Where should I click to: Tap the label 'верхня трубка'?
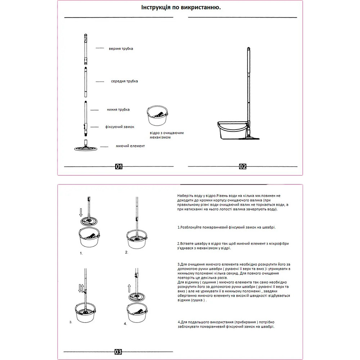click(x=121, y=49)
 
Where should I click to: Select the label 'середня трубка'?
click(x=124, y=81)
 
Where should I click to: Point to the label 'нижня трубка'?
click(x=118, y=109)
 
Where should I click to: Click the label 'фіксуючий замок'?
click(x=120, y=127)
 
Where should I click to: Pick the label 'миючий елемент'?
click(x=130, y=146)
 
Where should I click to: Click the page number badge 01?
click(x=119, y=166)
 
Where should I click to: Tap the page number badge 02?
click(x=243, y=166)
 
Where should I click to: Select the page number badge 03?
click(x=118, y=351)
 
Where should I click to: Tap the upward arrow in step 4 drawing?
click(x=129, y=288)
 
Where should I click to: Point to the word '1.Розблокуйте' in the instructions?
click(x=191, y=228)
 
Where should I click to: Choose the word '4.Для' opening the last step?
click(x=183, y=322)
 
